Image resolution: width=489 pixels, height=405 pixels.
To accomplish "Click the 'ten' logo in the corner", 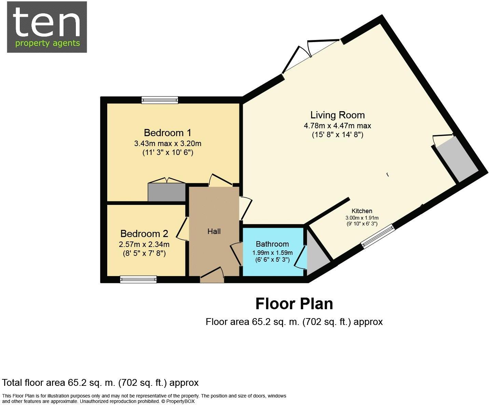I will pyautogui.click(x=47, y=27).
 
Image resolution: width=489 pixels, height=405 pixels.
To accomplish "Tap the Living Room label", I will pyautogui.click(x=337, y=115).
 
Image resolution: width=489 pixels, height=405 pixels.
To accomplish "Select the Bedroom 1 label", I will pyautogui.click(x=167, y=132).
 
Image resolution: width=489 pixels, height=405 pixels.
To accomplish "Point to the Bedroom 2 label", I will pyautogui.click(x=144, y=234).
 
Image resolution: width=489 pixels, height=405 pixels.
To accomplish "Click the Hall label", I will pyautogui.click(x=214, y=232).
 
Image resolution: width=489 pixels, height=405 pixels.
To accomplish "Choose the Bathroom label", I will pyautogui.click(x=272, y=244).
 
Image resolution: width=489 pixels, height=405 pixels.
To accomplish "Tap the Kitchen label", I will pyautogui.click(x=362, y=211).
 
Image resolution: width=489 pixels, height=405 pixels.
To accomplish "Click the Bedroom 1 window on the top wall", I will pyautogui.click(x=160, y=100).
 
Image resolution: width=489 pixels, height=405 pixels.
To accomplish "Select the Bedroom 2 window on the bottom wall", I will pyautogui.click(x=138, y=279).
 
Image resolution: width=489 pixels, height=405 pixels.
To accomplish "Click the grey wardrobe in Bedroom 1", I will pyautogui.click(x=167, y=192).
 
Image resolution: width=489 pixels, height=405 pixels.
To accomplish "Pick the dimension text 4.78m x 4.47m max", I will pyautogui.click(x=337, y=126).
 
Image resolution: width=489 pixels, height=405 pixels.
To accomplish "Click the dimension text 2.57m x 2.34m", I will pyautogui.click(x=144, y=244).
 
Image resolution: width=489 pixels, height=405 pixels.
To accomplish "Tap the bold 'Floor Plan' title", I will pyautogui.click(x=294, y=304).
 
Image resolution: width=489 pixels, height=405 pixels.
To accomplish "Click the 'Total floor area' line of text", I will pyautogui.click(x=100, y=382).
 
